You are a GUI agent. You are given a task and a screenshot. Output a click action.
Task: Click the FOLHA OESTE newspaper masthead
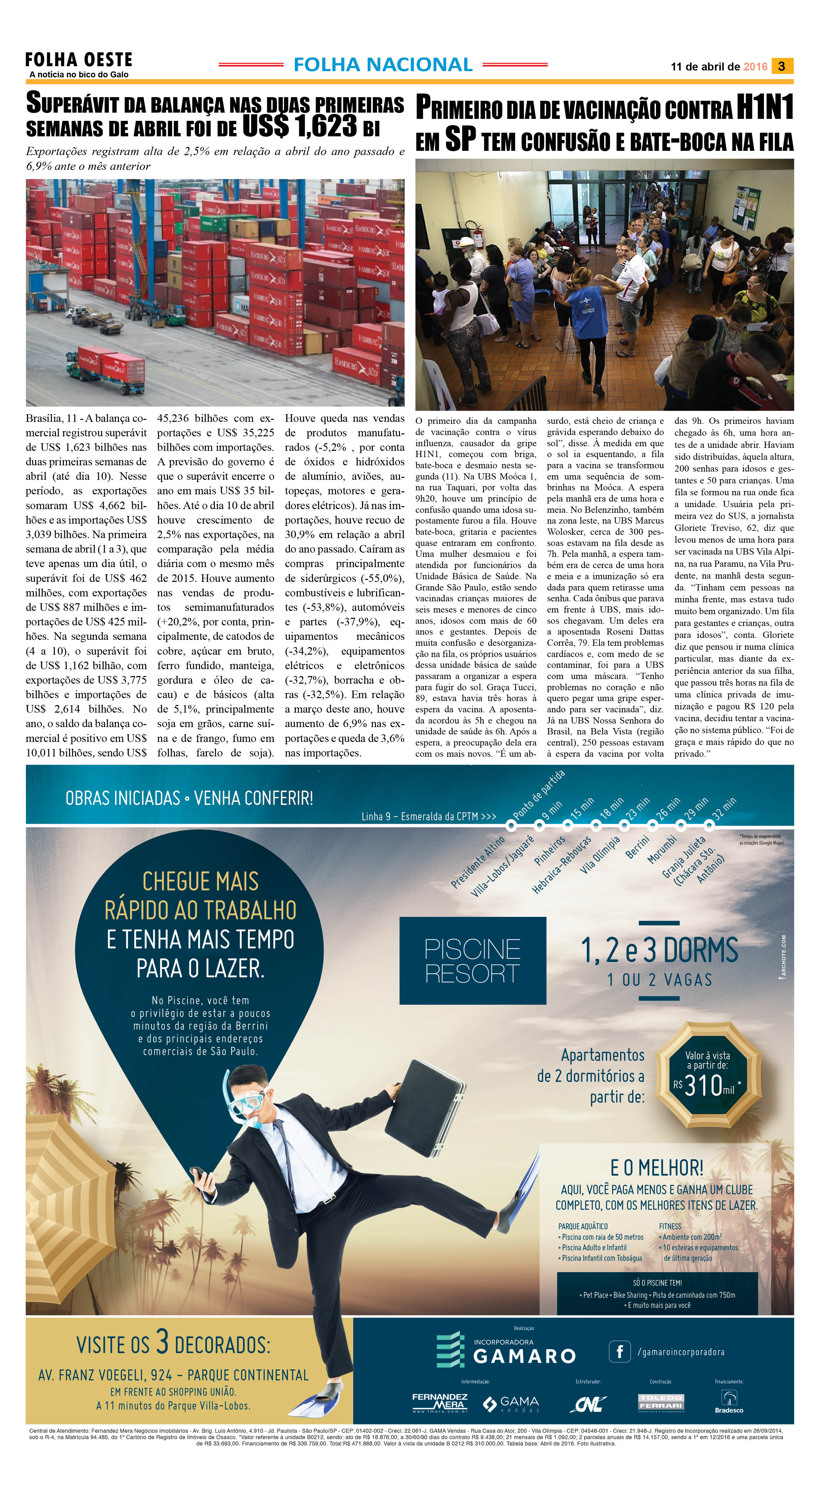click(x=78, y=60)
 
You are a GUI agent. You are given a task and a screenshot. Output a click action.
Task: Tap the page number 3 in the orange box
click(x=781, y=66)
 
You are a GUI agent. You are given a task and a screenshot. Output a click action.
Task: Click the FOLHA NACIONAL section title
click(x=383, y=65)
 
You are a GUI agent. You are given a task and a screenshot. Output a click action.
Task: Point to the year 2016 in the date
click(x=755, y=67)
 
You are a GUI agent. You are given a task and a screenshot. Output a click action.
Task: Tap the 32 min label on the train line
click(x=724, y=808)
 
